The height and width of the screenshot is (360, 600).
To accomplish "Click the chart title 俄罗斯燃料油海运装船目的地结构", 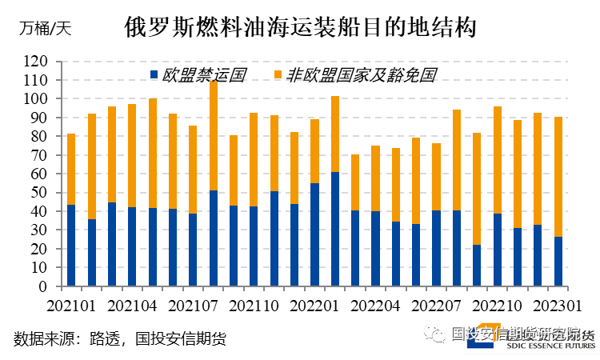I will [x=300, y=28].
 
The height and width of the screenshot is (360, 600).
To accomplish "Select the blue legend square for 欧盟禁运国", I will [x=154, y=75].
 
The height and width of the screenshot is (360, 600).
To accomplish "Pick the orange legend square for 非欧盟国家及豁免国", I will [x=278, y=75].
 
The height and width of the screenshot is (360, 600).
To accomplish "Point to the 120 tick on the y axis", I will [x=35, y=62].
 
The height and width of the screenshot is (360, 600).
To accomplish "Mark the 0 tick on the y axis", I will [x=42, y=286].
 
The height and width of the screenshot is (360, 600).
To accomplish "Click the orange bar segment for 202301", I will [x=558, y=176].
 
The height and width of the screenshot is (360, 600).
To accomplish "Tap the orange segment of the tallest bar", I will [x=214, y=135].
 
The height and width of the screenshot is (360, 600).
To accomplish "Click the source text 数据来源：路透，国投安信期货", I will [x=120, y=338].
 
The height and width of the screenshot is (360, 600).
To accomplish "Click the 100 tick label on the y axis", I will [x=35, y=99].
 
